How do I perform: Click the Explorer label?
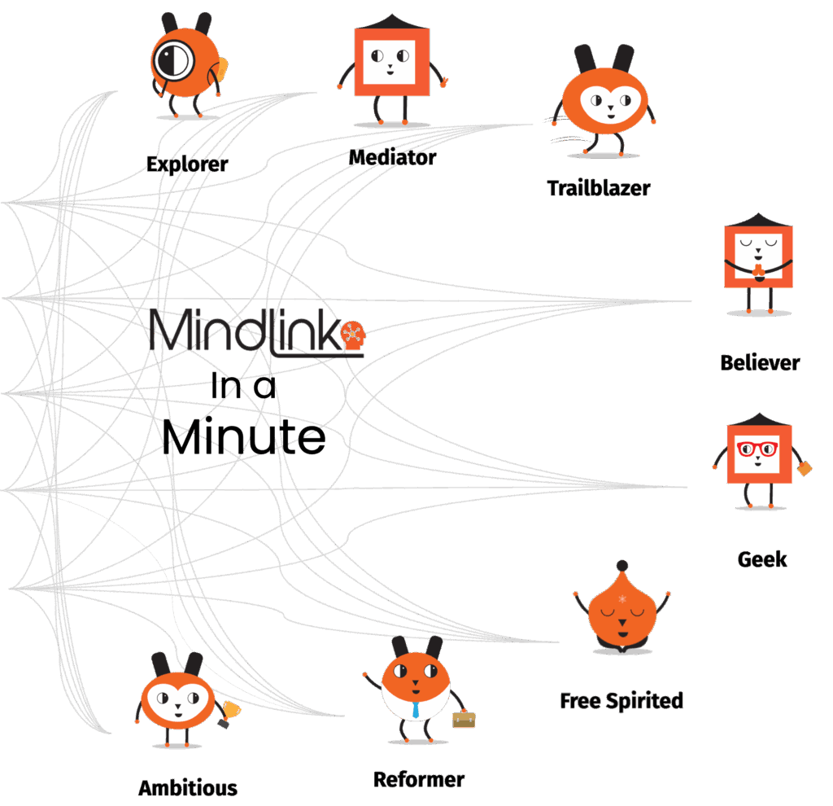click(187, 164)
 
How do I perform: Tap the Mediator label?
click(392, 157)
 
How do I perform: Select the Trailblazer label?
click(599, 188)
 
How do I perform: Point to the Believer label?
click(760, 362)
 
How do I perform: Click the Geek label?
click(762, 559)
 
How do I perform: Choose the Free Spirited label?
click(621, 700)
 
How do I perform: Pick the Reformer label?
click(419, 779)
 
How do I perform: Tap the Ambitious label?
click(188, 788)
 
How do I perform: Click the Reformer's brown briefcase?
click(464, 719)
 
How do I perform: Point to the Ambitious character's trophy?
click(228, 712)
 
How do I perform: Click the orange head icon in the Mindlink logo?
click(352, 335)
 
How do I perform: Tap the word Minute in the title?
click(244, 438)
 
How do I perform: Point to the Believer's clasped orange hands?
click(757, 269)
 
